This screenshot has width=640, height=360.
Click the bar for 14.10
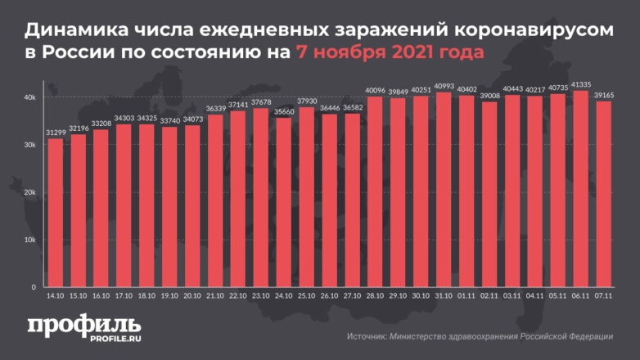coord(56,213)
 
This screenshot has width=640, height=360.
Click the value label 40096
coord(376,90)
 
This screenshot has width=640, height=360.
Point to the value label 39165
coord(603,95)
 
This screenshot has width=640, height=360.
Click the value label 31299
coord(56,132)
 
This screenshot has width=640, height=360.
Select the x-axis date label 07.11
coord(603,296)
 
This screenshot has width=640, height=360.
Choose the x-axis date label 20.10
coord(192,296)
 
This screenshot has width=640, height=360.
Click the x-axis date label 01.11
coord(466,296)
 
